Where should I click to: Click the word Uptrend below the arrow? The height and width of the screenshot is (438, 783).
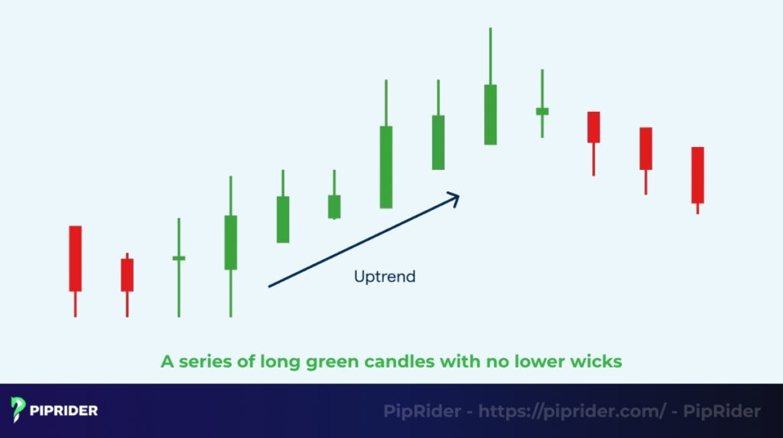pos(385,276)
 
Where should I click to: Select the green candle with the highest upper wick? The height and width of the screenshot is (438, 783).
pos(490,114)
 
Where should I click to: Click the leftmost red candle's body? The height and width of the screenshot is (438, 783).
pos(75,258)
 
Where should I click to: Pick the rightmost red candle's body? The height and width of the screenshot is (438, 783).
pos(697,175)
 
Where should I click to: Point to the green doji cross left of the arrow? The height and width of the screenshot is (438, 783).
pos(179,258)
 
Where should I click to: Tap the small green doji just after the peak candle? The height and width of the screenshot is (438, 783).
pos(542,111)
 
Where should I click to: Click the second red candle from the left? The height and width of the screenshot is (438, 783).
pos(127,274)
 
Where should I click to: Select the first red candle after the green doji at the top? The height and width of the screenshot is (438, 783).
pos(593,126)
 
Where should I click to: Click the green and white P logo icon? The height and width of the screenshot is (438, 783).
pos(19,410)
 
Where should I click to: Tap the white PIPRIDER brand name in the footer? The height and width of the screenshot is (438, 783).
pos(64,410)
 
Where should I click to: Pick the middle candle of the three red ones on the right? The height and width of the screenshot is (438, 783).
pos(645,148)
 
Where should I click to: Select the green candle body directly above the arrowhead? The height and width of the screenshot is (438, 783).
pos(438,142)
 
